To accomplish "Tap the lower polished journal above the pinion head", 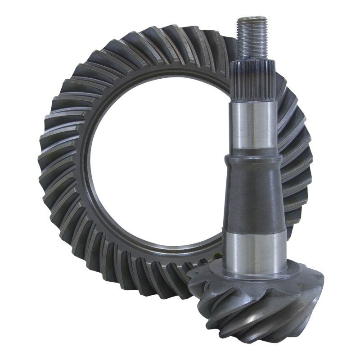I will pyautogui.click(x=254, y=247).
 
